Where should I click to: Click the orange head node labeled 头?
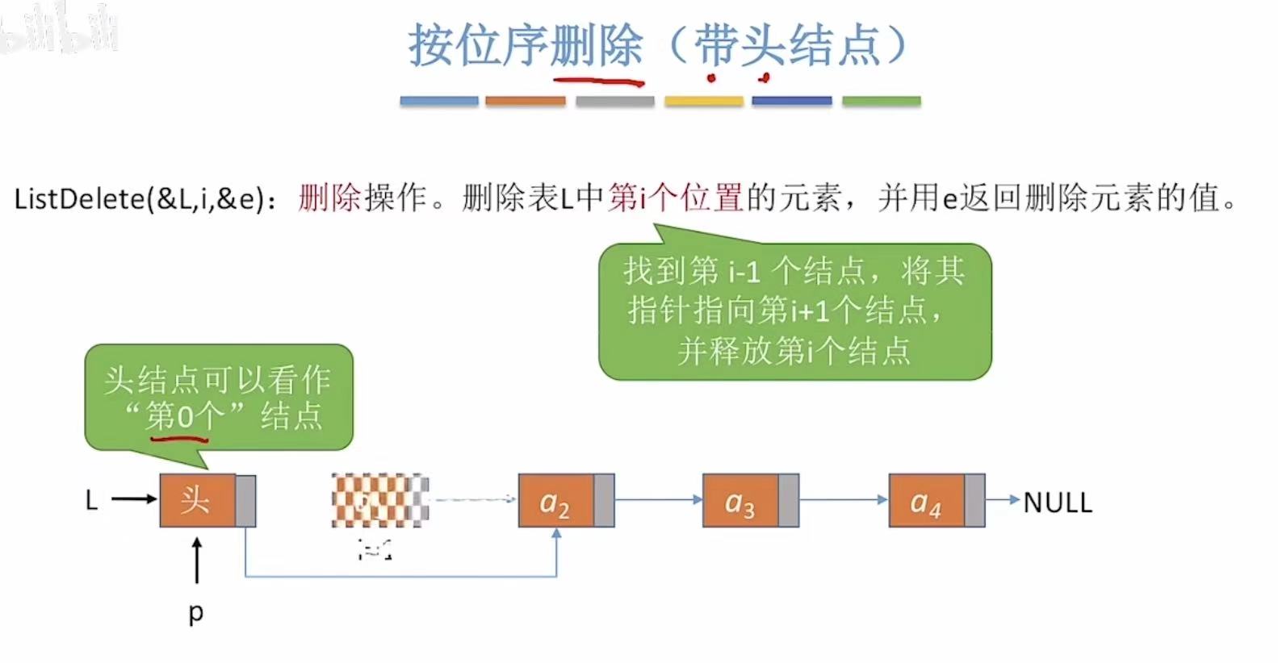pyautogui.click(x=197, y=501)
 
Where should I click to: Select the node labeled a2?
pyautogui.click(x=555, y=501)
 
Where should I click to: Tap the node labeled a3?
pyautogui.click(x=740, y=501)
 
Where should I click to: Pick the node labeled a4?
pyautogui.click(x=926, y=501)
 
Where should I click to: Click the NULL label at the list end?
pyautogui.click(x=1058, y=502)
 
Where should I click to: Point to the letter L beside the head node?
pyautogui.click(x=92, y=501)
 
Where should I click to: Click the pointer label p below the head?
pyautogui.click(x=196, y=613)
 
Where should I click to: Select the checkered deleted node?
pyautogui.click(x=379, y=501)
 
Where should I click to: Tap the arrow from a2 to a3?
pyautogui.click(x=658, y=500)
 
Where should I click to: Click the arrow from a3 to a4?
pyautogui.click(x=843, y=500)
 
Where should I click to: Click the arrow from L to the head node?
pyautogui.click(x=134, y=499)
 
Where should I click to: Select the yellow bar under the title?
pyautogui.click(x=703, y=102)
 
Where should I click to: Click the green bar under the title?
pyautogui.click(x=881, y=102)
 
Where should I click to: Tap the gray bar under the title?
pyautogui.click(x=614, y=102)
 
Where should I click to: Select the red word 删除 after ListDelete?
pyautogui.click(x=329, y=198)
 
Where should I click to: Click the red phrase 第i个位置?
pyautogui.click(x=675, y=198)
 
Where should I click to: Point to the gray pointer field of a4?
pyautogui.click(x=974, y=501)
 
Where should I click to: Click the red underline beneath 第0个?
pyautogui.click(x=179, y=440)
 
